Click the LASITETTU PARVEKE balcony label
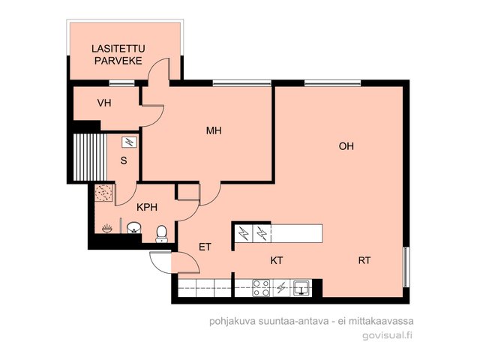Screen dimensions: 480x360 click(x=118, y=55)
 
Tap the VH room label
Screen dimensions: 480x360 click(x=104, y=103)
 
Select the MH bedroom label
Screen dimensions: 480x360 click(x=214, y=130)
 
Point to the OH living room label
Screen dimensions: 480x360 click(x=346, y=146)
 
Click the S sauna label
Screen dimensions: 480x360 click(x=124, y=160)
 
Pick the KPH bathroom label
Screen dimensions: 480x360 click(x=147, y=207)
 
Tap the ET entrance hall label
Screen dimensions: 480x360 click(x=205, y=247)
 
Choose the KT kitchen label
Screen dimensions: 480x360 click(x=277, y=260)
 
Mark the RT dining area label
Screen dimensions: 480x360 click(x=364, y=260)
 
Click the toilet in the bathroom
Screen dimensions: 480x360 click(x=162, y=234)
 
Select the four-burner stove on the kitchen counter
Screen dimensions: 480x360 click(x=261, y=288)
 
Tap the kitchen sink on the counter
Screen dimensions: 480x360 click(x=302, y=288)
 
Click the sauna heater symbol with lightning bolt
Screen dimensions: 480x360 click(x=130, y=142)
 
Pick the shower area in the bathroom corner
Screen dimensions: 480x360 click(x=103, y=193)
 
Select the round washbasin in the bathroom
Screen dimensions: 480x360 click(x=133, y=228)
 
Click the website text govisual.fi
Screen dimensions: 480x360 click(x=387, y=335)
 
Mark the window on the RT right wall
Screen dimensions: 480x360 click(x=406, y=267)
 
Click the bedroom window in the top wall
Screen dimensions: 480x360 click(x=241, y=83)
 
